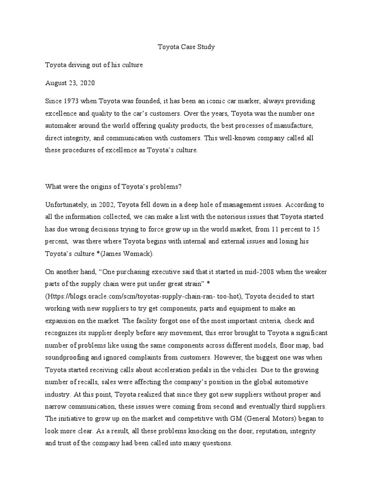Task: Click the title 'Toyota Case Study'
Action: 186,47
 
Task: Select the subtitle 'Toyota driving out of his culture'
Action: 94,64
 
